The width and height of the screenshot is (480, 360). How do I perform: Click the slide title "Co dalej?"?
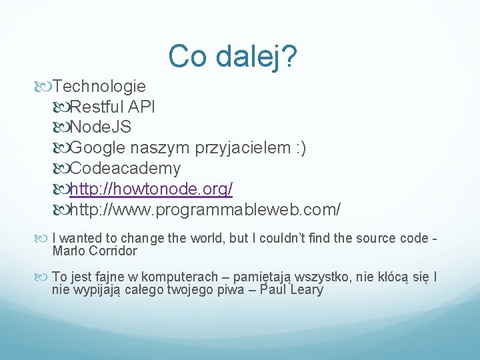click(x=233, y=57)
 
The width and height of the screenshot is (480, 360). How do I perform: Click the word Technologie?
click(x=99, y=86)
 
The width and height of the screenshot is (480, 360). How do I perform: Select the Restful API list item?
click(x=113, y=106)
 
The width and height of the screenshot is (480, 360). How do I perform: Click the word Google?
click(x=96, y=147)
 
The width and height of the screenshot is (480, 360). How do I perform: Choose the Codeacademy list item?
click(x=125, y=168)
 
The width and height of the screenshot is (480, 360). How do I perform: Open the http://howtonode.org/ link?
click(x=151, y=189)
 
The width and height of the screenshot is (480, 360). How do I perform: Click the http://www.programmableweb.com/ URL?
click(x=205, y=210)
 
